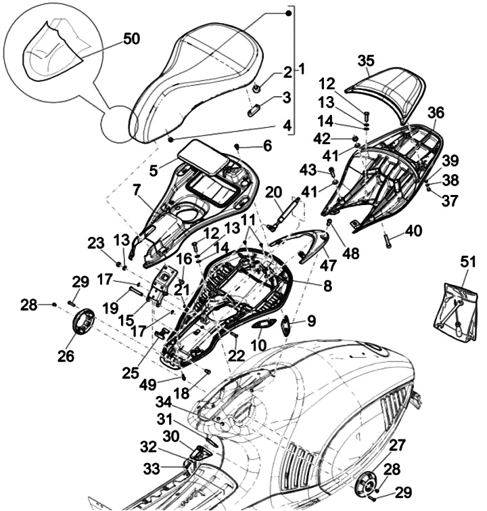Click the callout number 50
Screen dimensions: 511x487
tap(131, 39)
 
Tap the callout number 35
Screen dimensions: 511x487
tap(366, 62)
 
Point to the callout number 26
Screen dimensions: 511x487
tap(66, 355)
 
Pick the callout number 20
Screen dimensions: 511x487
tap(273, 192)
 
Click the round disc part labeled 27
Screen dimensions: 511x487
tap(369, 484)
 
